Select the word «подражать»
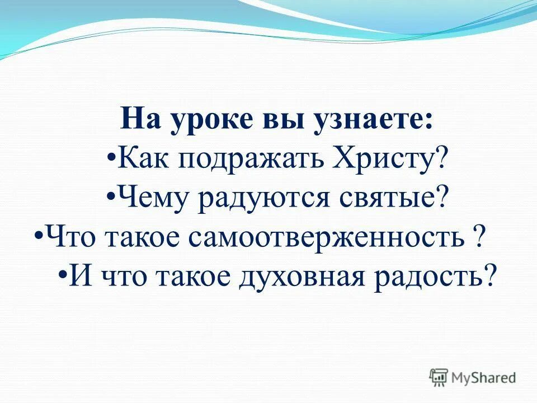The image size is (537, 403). click(x=238, y=161)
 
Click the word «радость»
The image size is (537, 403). click(x=421, y=277)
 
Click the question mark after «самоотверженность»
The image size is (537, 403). click(x=478, y=237)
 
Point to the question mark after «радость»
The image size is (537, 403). click(x=491, y=276)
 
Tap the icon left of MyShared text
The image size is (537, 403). click(x=439, y=377)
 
